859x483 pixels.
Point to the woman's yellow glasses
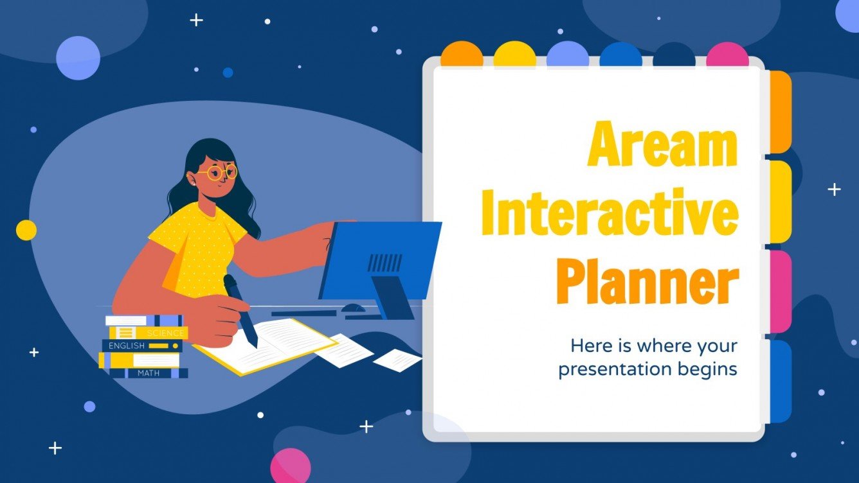tap(217, 172)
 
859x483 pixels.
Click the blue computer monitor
tap(379, 260)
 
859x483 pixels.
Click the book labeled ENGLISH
tap(141, 346)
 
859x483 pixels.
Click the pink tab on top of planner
tap(727, 55)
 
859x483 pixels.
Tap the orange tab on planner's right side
tap(780, 112)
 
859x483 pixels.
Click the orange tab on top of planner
tap(461, 55)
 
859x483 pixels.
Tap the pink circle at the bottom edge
tap(291, 466)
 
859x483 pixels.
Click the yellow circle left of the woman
tap(26, 230)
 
